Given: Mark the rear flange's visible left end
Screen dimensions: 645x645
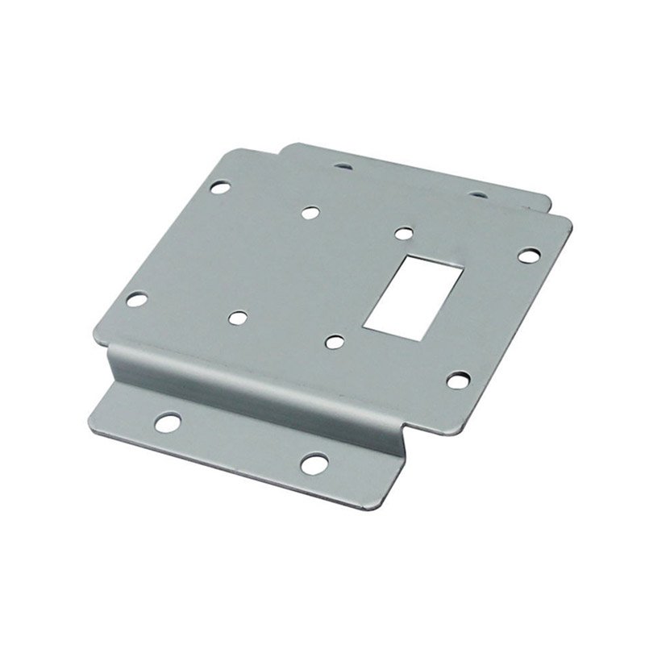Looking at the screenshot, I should tap(286, 148).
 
